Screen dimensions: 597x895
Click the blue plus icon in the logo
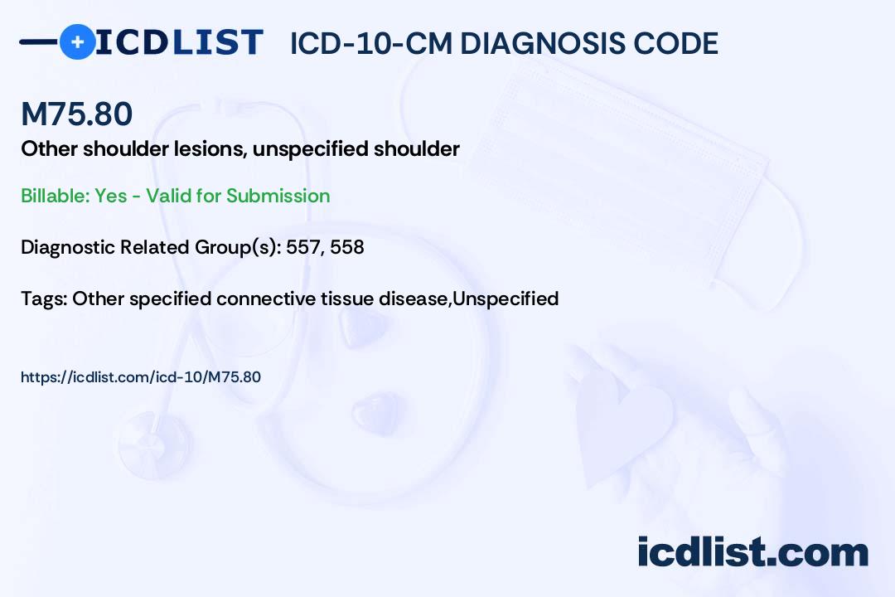(77, 42)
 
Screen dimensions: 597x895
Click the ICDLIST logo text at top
(179, 42)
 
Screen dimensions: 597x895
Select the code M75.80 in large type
(76, 114)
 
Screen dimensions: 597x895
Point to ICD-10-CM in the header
(370, 44)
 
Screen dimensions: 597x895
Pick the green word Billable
(52, 196)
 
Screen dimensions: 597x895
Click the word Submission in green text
(278, 196)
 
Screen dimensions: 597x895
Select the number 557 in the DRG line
(302, 247)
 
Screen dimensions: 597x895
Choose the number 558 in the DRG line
(347, 247)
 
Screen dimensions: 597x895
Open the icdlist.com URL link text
(141, 377)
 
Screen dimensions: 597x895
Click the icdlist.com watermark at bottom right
(752, 552)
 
